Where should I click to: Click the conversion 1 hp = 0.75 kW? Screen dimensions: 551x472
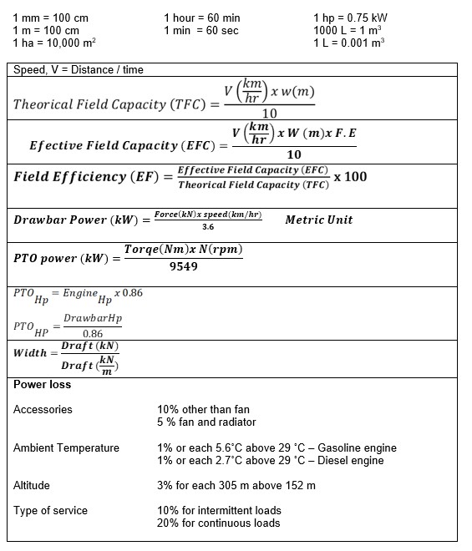click(350, 18)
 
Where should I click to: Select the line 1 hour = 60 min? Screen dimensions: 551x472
click(202, 18)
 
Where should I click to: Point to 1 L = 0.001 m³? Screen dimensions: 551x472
click(348, 43)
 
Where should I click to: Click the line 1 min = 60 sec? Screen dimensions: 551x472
click(201, 30)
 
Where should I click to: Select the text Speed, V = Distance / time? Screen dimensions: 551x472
click(79, 70)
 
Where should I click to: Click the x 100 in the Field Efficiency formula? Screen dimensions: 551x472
click(350, 177)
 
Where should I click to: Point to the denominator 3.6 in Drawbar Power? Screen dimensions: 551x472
click(208, 226)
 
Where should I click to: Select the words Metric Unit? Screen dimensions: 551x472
click(318, 220)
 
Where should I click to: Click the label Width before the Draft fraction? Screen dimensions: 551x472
click(31, 352)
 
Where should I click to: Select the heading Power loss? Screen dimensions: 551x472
click(43, 385)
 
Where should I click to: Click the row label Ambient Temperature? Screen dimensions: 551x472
click(66, 448)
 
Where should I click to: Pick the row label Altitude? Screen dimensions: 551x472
click(32, 485)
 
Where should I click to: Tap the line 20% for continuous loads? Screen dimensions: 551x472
click(218, 523)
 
